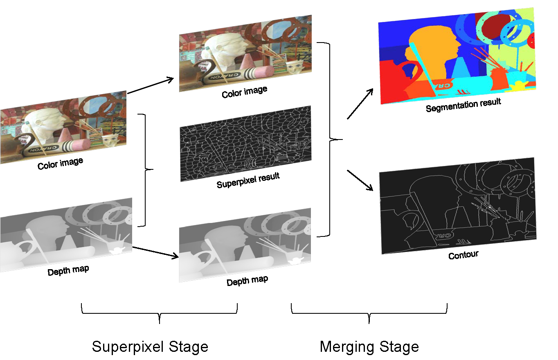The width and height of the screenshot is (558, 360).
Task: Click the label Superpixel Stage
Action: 150,346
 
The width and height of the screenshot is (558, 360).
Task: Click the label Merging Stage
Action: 369,346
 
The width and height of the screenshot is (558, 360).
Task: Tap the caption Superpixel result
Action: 248,180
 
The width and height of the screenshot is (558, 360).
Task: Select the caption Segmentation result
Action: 463,105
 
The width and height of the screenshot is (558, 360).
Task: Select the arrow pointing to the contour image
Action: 360,180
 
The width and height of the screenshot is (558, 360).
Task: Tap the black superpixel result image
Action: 245,143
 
